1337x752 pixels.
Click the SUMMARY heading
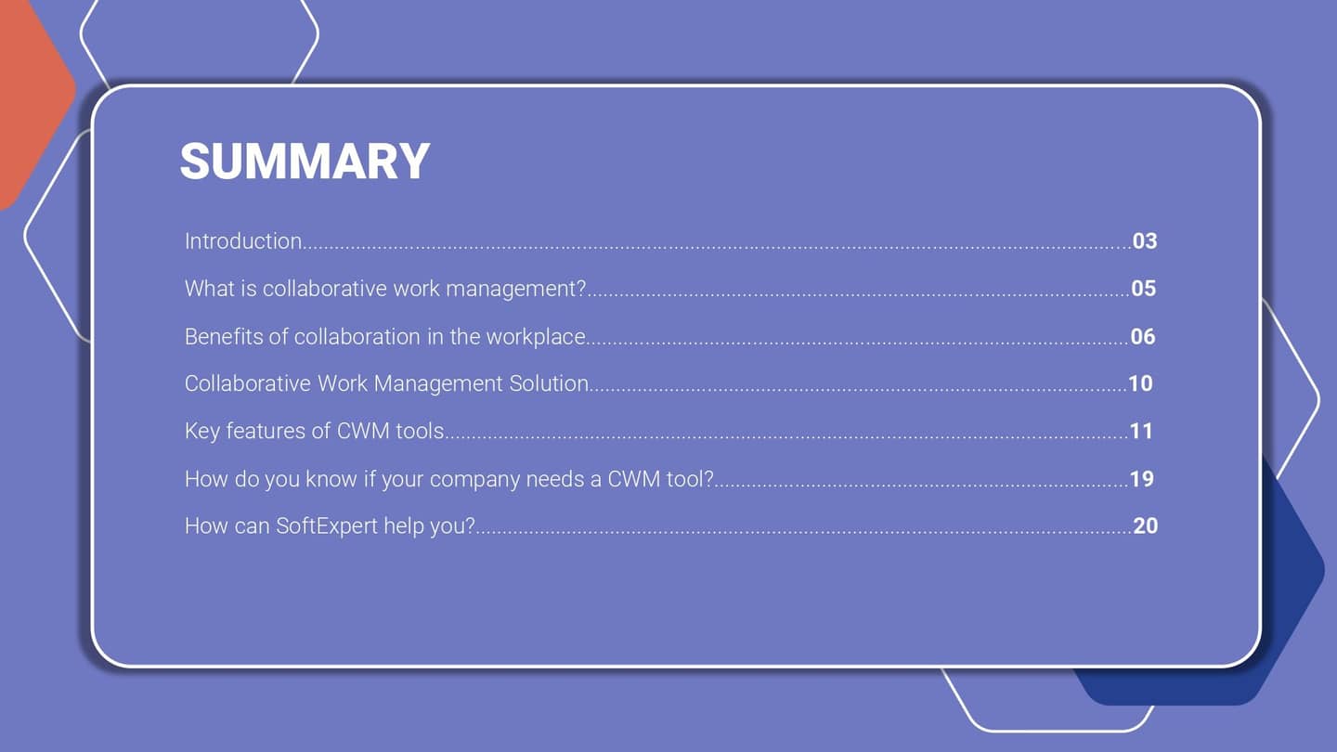tap(305, 162)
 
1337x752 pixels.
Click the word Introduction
tap(243, 241)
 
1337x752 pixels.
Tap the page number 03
tap(1145, 241)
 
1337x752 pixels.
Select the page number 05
tap(1144, 289)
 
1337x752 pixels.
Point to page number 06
tap(1143, 336)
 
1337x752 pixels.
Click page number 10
tap(1140, 383)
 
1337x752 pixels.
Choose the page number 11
tap(1141, 431)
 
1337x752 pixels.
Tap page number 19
tap(1141, 479)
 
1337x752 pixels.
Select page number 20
tap(1146, 526)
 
